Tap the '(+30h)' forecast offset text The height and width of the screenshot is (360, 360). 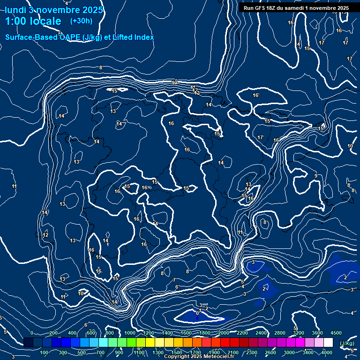click(x=81, y=21)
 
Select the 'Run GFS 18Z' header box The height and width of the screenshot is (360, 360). click(x=296, y=8)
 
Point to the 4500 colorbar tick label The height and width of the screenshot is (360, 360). click(x=336, y=333)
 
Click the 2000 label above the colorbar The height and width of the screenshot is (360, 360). click(x=224, y=333)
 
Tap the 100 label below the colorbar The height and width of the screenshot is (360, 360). click(x=45, y=352)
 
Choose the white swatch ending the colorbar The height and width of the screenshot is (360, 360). click(x=328, y=343)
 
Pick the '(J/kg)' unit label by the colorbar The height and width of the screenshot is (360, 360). click(x=346, y=344)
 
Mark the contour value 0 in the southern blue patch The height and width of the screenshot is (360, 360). click(x=197, y=313)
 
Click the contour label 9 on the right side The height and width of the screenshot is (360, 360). click(x=315, y=176)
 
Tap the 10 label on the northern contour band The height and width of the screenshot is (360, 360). click(x=174, y=82)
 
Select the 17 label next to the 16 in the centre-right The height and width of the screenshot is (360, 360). click(x=261, y=137)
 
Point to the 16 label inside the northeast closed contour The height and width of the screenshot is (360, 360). click(x=255, y=95)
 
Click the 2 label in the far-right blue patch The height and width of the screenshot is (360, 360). click(x=345, y=277)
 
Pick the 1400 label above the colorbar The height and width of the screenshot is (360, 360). click(x=167, y=333)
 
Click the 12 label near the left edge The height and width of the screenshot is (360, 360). click(x=45, y=235)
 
